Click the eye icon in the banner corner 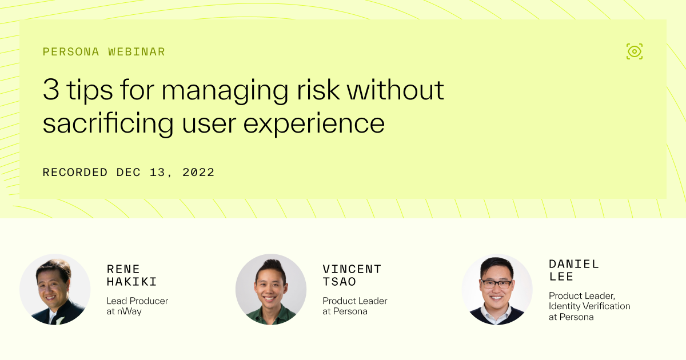(635, 51)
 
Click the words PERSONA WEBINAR (103, 52)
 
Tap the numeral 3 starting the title (51, 90)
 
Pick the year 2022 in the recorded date (198, 172)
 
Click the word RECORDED (75, 172)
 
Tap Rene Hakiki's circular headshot (55, 290)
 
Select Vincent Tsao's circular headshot (271, 290)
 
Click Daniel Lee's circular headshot (497, 290)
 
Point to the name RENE (123, 269)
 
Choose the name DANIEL (574, 264)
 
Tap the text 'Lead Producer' (137, 301)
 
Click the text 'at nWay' (125, 311)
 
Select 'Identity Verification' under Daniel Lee (589, 306)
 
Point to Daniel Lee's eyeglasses (496, 283)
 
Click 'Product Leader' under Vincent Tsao (354, 301)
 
